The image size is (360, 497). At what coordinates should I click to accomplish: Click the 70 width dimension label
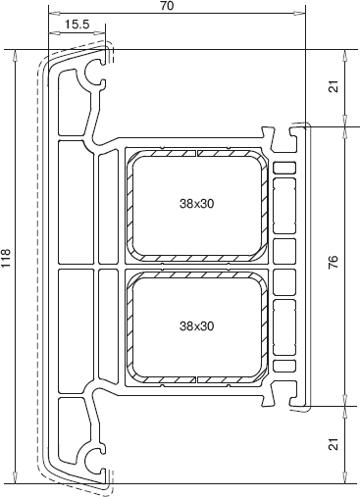(x=167, y=6)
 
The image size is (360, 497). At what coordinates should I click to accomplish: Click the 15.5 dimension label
(x=77, y=25)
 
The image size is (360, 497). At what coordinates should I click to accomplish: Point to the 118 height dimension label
(x=6, y=258)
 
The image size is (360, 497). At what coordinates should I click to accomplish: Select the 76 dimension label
(x=334, y=263)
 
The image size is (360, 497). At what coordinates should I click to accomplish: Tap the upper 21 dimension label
(x=334, y=87)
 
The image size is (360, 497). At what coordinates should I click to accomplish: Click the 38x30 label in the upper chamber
(x=196, y=204)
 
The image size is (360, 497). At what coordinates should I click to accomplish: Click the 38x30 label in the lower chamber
(x=196, y=325)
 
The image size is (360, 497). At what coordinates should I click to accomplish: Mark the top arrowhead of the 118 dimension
(x=15, y=55)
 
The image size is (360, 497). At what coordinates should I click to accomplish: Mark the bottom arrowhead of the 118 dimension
(x=15, y=477)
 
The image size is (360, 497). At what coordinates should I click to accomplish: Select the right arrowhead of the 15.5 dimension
(x=100, y=32)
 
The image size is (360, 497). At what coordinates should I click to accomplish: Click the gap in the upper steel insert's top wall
(x=196, y=153)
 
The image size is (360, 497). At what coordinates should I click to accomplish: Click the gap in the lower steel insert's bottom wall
(x=196, y=379)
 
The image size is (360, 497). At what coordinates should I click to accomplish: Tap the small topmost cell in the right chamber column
(x=284, y=168)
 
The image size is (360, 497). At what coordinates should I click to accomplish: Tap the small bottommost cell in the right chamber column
(x=284, y=366)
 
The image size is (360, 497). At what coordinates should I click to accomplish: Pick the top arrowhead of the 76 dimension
(x=344, y=132)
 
